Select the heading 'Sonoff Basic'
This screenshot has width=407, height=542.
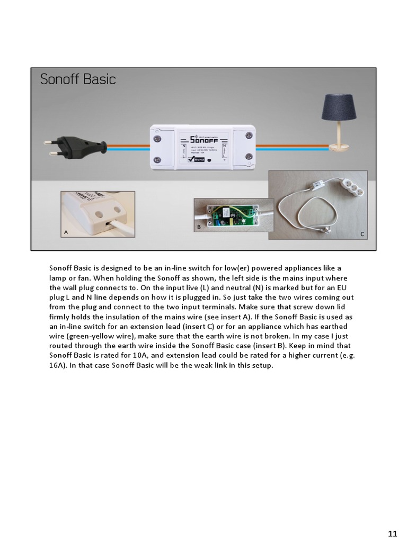(78, 79)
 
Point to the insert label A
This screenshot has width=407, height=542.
(66, 232)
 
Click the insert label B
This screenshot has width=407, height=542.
(199, 227)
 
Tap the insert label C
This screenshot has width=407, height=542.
(362, 233)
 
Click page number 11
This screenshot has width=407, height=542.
(392, 533)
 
